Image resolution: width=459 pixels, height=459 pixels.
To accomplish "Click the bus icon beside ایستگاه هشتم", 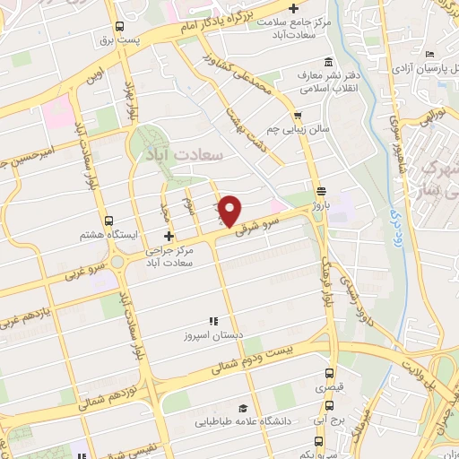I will click(x=108, y=221).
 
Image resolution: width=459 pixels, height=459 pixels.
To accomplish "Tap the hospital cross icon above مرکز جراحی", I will click(x=169, y=235).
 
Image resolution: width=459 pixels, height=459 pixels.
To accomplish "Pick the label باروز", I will click(x=322, y=205).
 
